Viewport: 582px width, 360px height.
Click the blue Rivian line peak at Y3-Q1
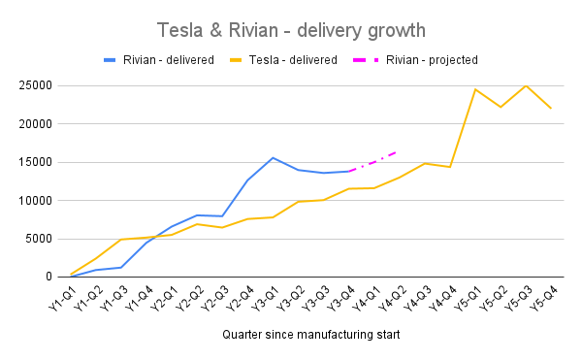[274, 157]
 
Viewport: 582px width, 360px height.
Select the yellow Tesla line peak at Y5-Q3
[526, 85]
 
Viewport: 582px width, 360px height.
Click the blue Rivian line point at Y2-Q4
[248, 180]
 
